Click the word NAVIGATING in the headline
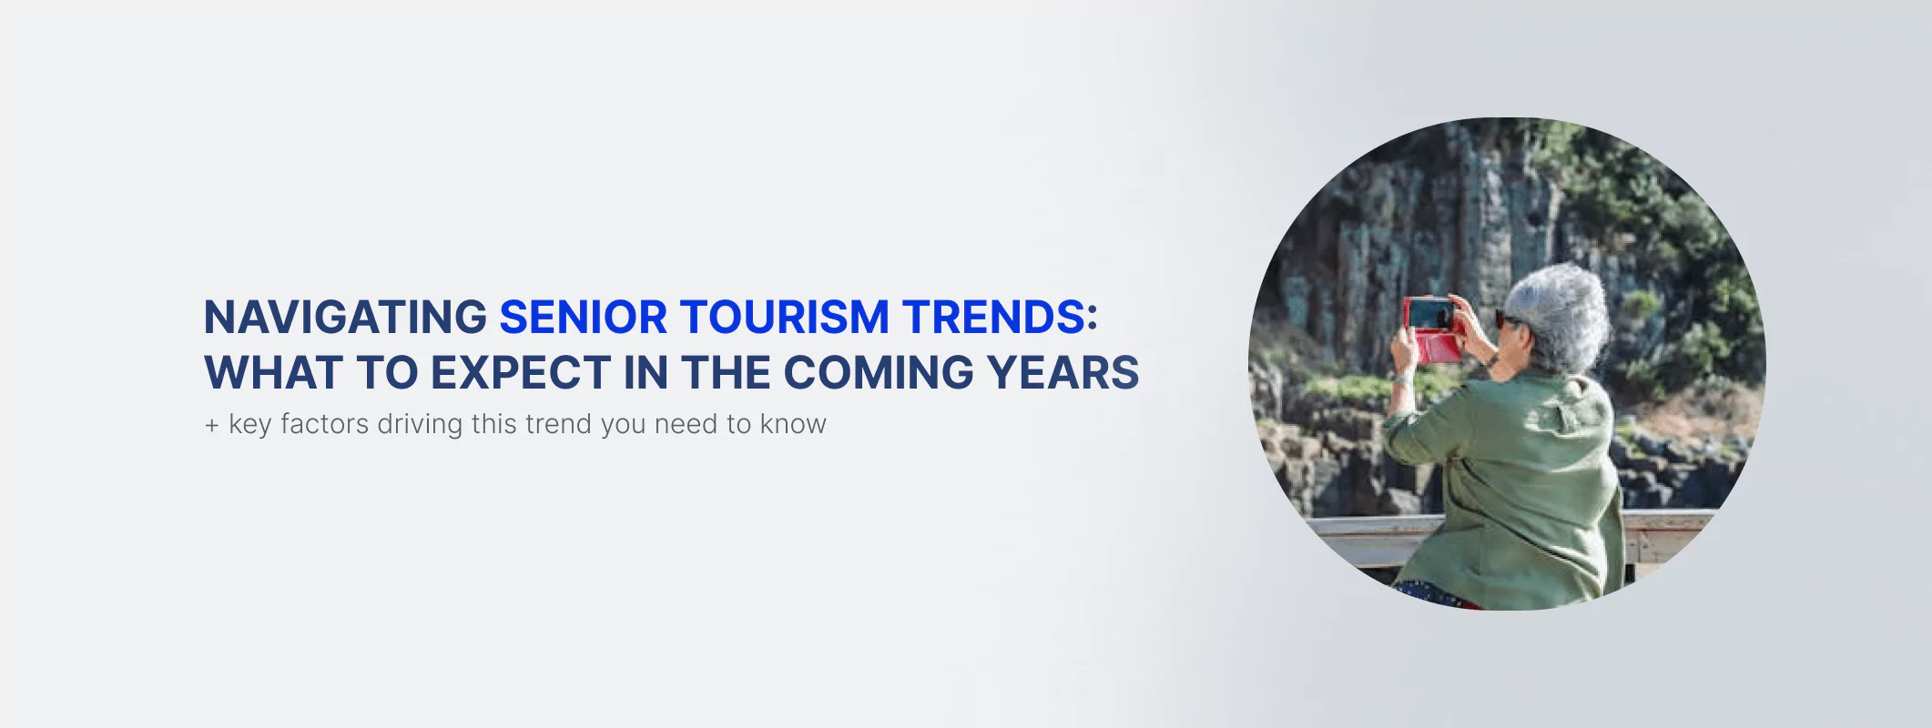click(345, 318)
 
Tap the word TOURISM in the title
click(784, 318)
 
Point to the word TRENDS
click(993, 318)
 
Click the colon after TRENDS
click(1093, 318)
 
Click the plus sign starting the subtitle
click(212, 425)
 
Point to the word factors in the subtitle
click(324, 424)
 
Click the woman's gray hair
click(1559, 314)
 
